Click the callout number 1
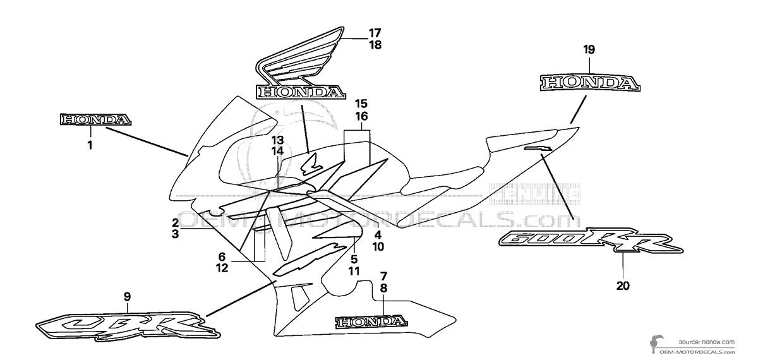90,145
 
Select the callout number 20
623,285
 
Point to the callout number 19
589,49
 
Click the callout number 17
375,32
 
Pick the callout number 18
375,45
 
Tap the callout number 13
278,140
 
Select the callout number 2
175,222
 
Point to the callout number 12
222,268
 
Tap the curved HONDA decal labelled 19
589,82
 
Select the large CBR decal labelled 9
126,327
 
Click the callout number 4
378,234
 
